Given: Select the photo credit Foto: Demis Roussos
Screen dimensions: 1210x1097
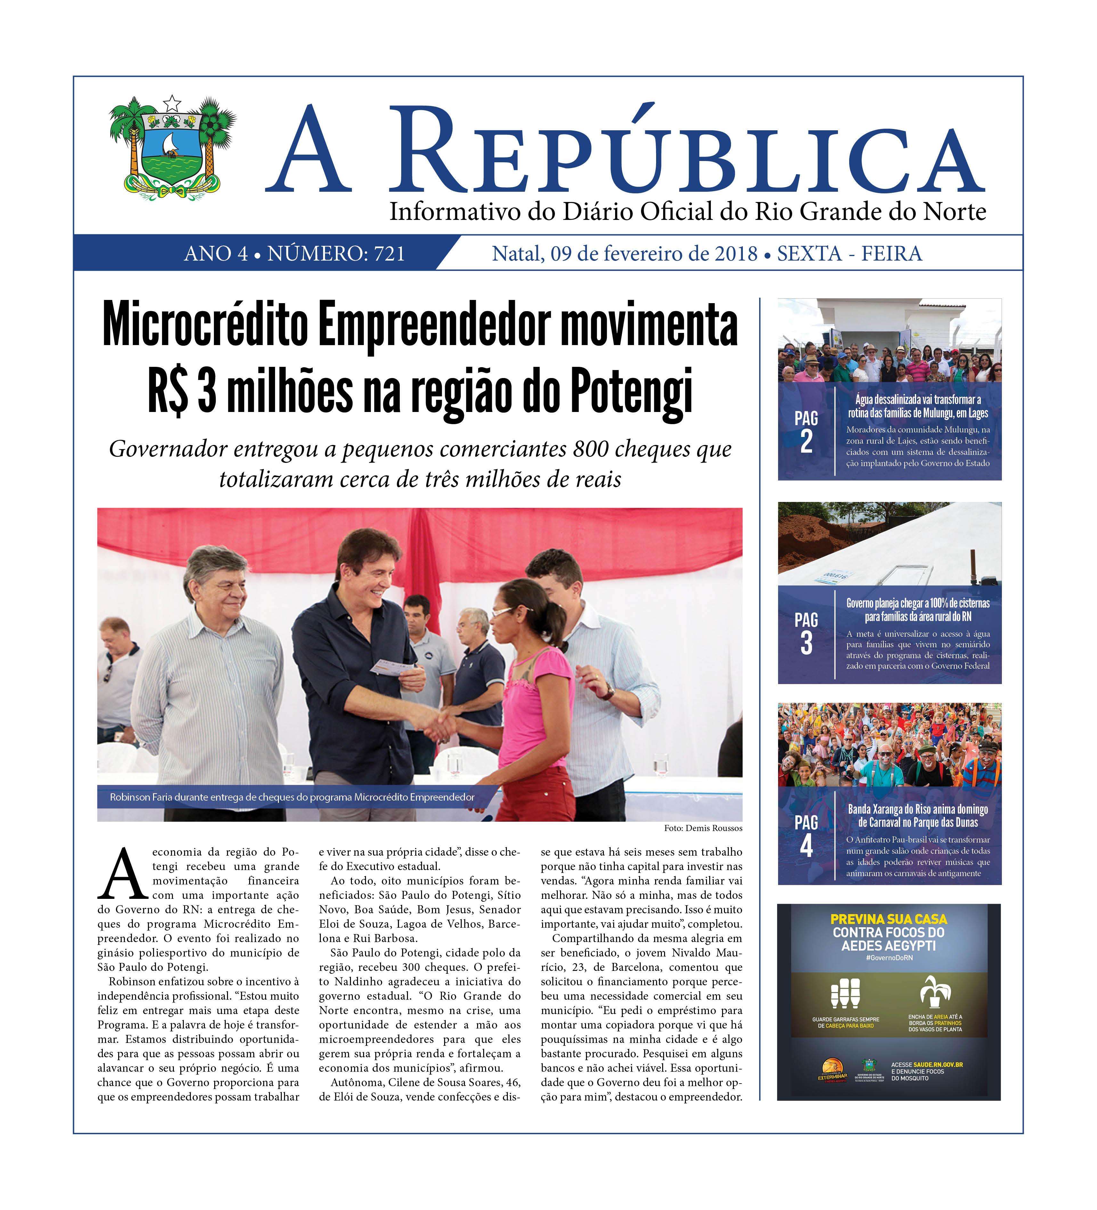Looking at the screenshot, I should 703,828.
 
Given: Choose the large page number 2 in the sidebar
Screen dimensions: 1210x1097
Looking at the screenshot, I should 806,442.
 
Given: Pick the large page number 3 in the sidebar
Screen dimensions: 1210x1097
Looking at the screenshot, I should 806,643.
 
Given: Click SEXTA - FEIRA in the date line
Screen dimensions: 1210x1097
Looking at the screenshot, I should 849,254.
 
